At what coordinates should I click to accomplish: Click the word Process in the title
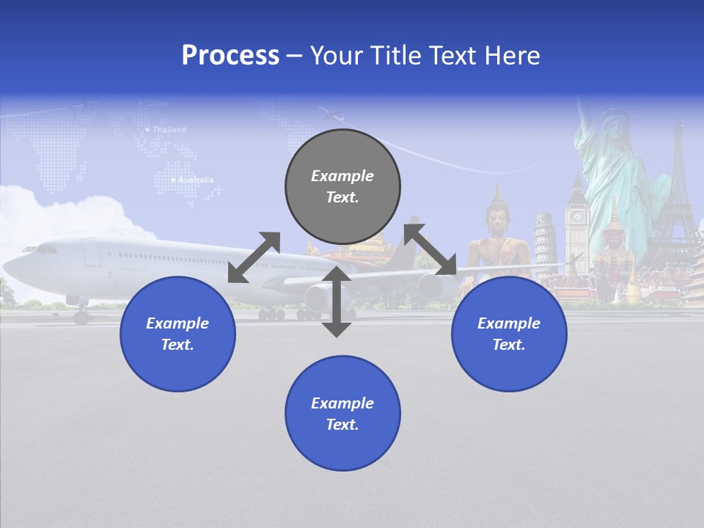230,56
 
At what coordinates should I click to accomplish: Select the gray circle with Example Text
342,186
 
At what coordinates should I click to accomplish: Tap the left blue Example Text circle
177,334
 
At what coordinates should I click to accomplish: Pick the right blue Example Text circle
509,334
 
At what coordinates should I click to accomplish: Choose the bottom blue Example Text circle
342,414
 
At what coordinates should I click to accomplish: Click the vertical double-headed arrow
337,301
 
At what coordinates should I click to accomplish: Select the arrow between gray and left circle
254,257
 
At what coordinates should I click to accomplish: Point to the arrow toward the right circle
430,249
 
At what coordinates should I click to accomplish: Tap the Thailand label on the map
169,130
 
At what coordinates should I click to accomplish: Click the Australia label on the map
195,180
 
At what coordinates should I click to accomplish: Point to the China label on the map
157,103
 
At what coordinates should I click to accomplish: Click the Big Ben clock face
577,217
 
